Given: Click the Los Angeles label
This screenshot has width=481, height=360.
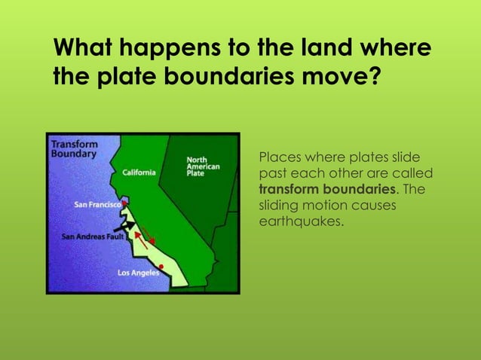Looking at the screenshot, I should pos(138,273).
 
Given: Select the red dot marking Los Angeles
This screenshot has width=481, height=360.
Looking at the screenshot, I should pos(161,265).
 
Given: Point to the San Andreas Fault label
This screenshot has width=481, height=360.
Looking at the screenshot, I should pos(92,236).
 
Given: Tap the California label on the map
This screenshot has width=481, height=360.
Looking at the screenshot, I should pos(139,172).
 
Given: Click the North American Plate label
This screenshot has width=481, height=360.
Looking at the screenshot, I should pos(203,166).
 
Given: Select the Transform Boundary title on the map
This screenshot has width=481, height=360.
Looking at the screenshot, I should pos(73,148).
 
